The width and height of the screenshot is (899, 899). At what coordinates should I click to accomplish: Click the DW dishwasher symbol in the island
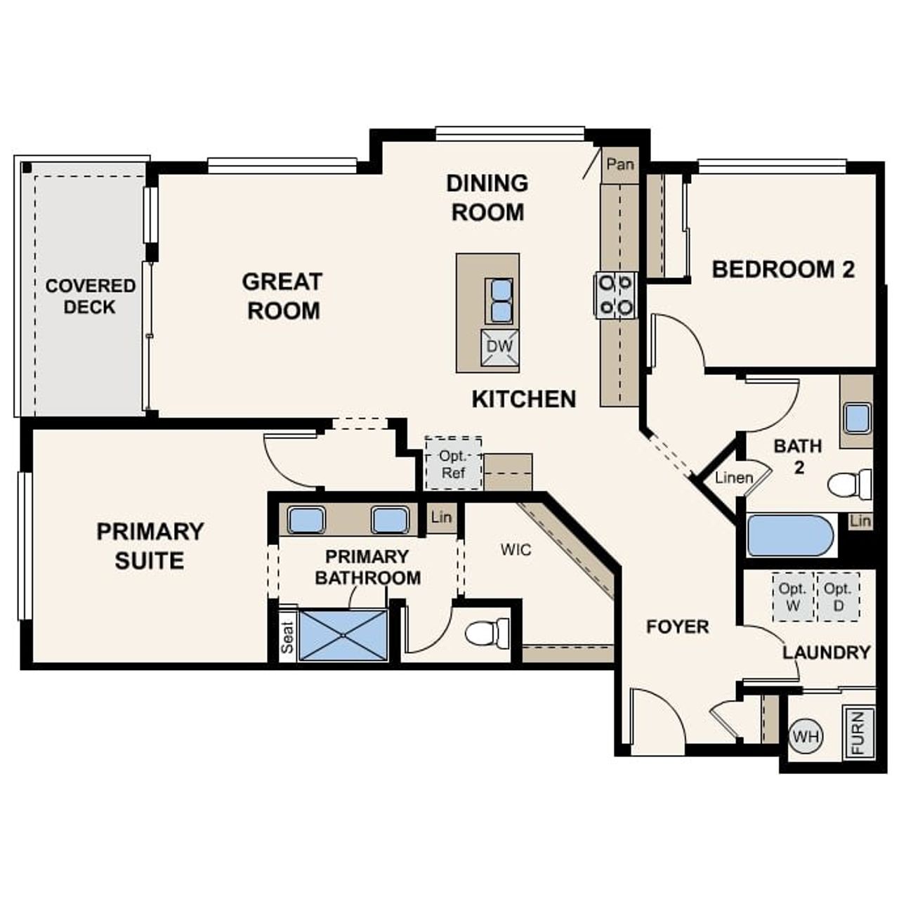coord(500,347)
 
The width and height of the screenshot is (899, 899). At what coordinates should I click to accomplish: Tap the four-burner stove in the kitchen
coord(616,295)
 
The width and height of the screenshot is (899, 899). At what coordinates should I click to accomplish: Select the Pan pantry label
coord(620,165)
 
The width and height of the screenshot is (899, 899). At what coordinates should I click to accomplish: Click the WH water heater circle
coord(806,737)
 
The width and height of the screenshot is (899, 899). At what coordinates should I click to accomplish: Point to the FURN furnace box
coord(858,733)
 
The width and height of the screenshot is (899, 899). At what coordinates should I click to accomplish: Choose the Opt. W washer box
coord(792,598)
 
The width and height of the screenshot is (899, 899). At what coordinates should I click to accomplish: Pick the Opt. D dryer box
coord(838,598)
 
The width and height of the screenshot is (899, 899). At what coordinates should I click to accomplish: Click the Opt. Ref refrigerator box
coord(453,464)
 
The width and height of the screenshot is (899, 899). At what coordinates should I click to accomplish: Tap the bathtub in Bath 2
coord(790,535)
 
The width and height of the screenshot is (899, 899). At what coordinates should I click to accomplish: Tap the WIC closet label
coord(516,549)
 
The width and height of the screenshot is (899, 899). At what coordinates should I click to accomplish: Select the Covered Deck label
coord(90,296)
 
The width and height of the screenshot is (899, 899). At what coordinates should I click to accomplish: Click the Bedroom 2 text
coord(783,270)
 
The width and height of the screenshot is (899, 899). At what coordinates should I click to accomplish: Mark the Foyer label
coord(677,626)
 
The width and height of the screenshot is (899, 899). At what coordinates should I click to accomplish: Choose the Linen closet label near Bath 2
coord(734,478)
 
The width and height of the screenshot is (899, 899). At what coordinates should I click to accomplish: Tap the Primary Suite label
coord(150,546)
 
